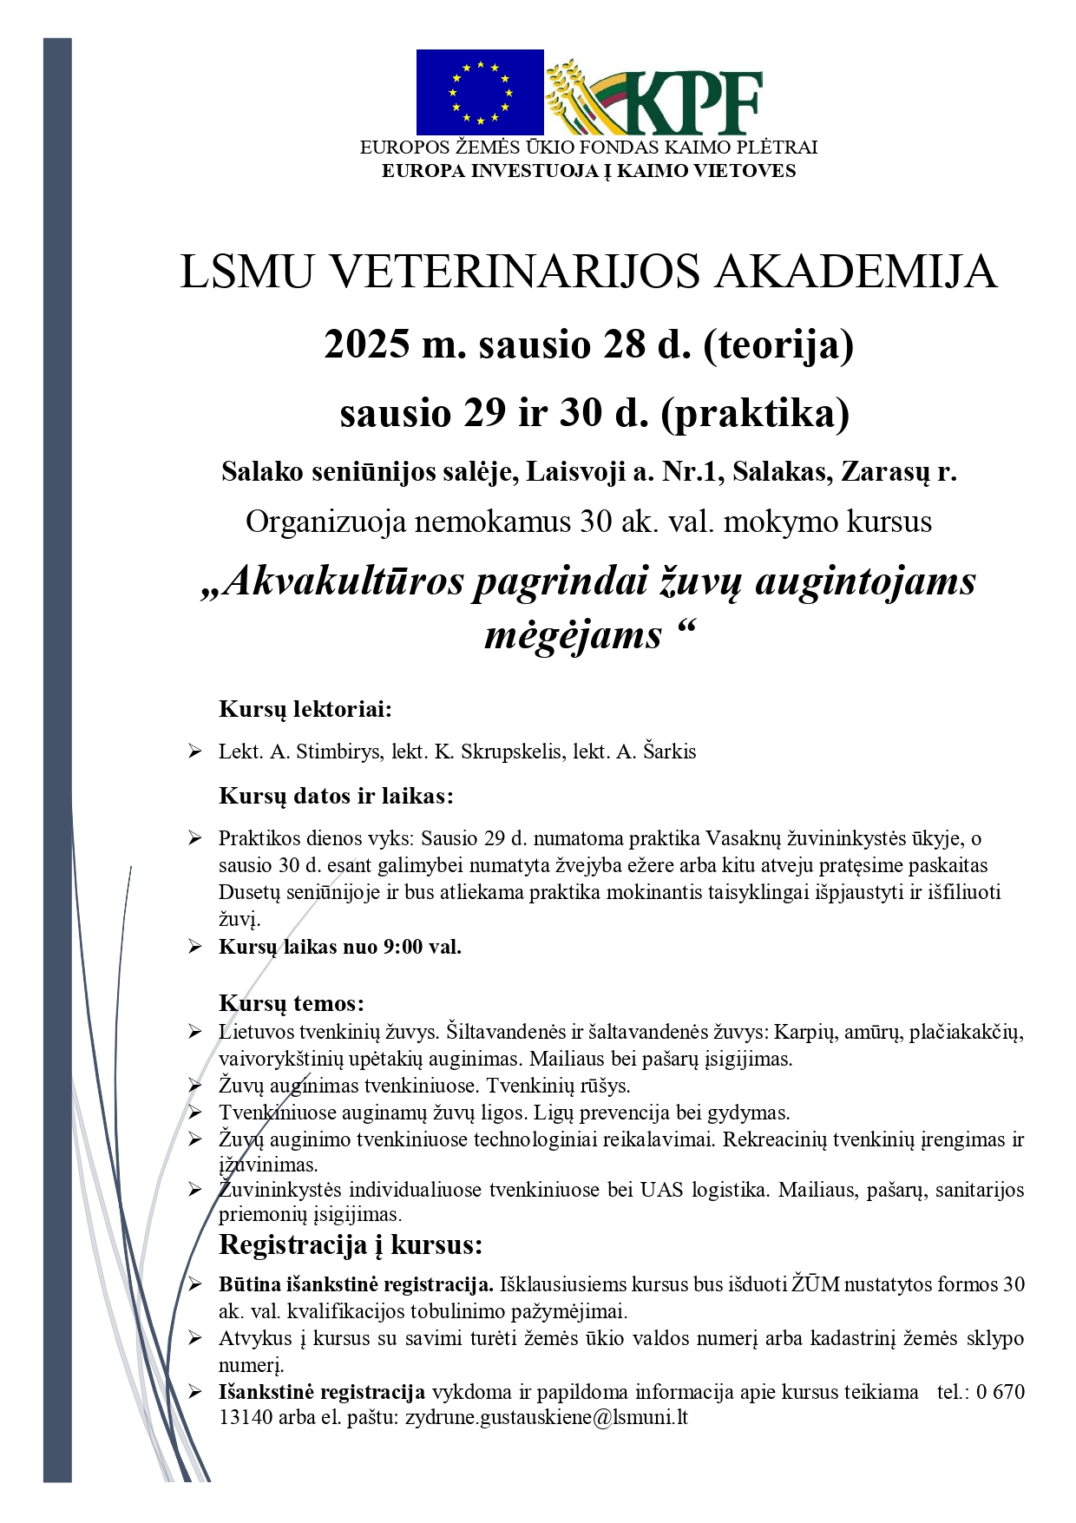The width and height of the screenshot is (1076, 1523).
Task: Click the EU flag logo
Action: click(480, 92)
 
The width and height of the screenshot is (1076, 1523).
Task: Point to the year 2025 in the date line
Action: click(367, 345)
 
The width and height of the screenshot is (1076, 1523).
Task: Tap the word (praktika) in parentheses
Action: click(755, 412)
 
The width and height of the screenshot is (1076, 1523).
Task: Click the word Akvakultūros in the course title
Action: click(344, 581)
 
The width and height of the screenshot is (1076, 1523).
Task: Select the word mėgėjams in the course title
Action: click(573, 634)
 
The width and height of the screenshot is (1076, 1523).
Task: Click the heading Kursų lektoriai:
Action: click(305, 709)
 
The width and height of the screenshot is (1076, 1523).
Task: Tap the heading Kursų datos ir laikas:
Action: click(336, 796)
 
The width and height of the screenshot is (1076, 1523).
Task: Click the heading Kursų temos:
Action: click(292, 1003)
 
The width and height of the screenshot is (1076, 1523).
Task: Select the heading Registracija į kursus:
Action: click(351, 1245)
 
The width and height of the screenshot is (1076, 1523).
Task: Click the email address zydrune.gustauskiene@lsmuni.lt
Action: click(547, 1417)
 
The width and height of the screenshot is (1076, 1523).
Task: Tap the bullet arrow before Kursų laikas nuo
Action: click(194, 947)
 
